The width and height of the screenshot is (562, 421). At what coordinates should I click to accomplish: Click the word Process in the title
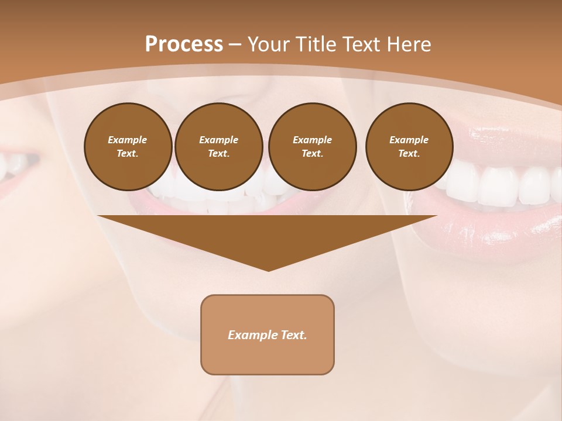pos(184,44)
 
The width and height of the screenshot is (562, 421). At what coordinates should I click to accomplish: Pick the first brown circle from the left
pos(128,147)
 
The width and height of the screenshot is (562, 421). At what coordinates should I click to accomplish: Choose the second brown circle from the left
pos(218,147)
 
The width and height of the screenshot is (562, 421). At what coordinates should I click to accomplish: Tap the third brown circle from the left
pos(312,147)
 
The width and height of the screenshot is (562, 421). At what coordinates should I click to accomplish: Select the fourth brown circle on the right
pos(409,147)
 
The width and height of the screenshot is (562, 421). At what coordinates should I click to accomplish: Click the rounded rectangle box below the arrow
pos(268,334)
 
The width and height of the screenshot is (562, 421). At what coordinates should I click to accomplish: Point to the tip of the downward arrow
pos(268,270)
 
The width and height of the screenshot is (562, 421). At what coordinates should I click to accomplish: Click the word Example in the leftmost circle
pos(128,140)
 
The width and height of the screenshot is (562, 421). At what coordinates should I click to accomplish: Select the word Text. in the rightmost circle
pos(409,154)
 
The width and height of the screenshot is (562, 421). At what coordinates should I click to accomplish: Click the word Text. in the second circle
pos(218,154)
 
